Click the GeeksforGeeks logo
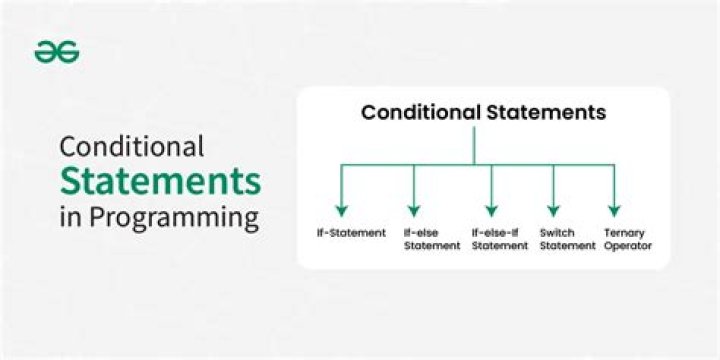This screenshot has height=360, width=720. click(x=57, y=54)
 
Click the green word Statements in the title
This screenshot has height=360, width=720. click(x=161, y=182)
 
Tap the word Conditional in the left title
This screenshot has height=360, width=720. click(x=131, y=147)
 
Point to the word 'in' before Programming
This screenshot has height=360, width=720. click(x=69, y=217)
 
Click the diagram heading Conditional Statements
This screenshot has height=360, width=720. click(x=483, y=112)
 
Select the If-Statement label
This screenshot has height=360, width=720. click(x=344, y=232)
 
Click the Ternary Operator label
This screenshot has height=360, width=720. click(x=627, y=238)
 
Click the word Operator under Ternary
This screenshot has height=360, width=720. click(x=627, y=245)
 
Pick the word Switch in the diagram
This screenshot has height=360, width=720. click(x=557, y=232)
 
